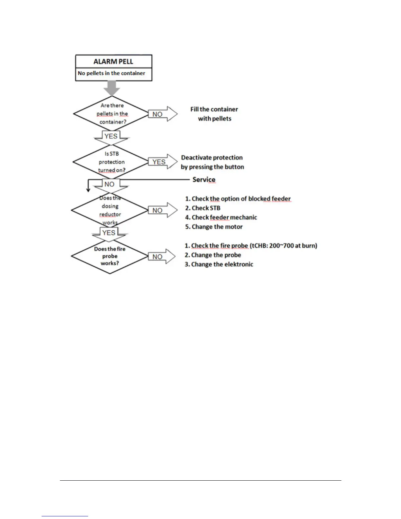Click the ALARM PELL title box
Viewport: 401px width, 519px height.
click(x=113, y=62)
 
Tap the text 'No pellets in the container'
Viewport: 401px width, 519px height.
click(x=111, y=73)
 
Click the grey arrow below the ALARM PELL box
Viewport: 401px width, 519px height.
click(x=112, y=88)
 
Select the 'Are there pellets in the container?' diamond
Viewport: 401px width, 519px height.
click(x=112, y=114)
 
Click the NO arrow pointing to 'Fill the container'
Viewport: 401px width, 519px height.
click(x=162, y=114)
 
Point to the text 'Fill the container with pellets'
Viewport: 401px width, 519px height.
click(x=214, y=114)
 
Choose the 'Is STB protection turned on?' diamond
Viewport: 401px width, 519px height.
click(x=111, y=162)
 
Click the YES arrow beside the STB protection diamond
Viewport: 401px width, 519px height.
click(x=162, y=162)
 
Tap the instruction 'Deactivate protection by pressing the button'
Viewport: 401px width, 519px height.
click(x=212, y=162)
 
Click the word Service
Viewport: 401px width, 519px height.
click(x=204, y=180)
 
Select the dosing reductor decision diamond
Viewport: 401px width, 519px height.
click(x=110, y=210)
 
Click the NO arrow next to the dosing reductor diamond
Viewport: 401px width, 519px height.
click(x=162, y=210)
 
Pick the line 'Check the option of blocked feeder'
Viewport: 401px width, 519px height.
click(x=238, y=199)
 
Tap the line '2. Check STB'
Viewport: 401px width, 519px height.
click(x=203, y=208)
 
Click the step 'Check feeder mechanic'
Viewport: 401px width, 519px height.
click(x=221, y=218)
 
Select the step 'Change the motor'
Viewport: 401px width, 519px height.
click(x=214, y=227)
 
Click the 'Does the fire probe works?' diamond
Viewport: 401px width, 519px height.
click(x=110, y=256)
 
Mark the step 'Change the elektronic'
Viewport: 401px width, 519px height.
click(x=219, y=264)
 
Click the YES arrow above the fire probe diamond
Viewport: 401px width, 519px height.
click(x=109, y=233)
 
